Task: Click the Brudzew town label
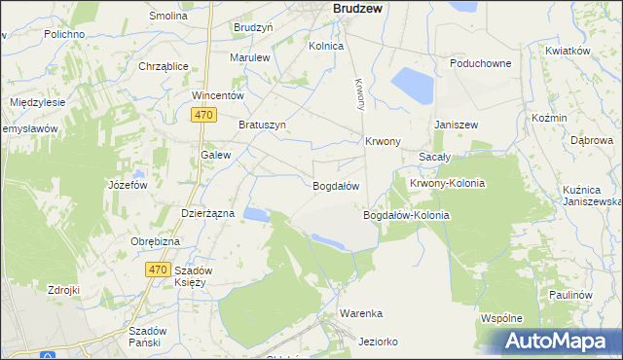[x=362, y=7]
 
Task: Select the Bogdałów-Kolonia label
[x=405, y=215]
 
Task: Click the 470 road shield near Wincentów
[x=202, y=115]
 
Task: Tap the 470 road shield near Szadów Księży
[x=159, y=269]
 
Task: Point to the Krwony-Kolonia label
[x=447, y=183]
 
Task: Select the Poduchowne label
[x=480, y=63]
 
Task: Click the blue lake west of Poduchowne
[x=411, y=86]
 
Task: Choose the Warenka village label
[x=360, y=313]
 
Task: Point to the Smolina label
[x=167, y=17]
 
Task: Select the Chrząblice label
[x=163, y=66]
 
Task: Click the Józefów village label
[x=128, y=185]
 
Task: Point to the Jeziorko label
[x=378, y=342]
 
